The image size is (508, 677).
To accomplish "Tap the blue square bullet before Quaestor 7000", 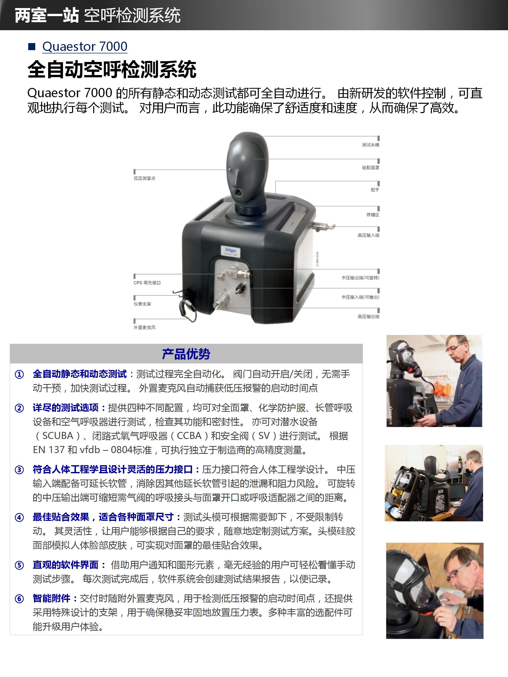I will tap(31, 47).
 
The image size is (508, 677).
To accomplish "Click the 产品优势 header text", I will tap(186, 354).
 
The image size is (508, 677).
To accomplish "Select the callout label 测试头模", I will tap(370, 145).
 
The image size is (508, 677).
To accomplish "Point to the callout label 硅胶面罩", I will tap(370, 167).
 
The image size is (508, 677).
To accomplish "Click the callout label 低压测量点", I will tap(144, 178).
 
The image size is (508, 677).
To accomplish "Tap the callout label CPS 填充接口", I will tap(147, 283).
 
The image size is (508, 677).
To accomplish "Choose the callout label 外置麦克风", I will tap(144, 327).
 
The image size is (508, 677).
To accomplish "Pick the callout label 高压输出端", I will tap(368, 317).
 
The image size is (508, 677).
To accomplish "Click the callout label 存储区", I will tap(372, 215).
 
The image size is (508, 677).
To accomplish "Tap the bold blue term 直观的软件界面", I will tap(66, 565).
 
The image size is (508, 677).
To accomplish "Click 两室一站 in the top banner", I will tap(46, 15).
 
